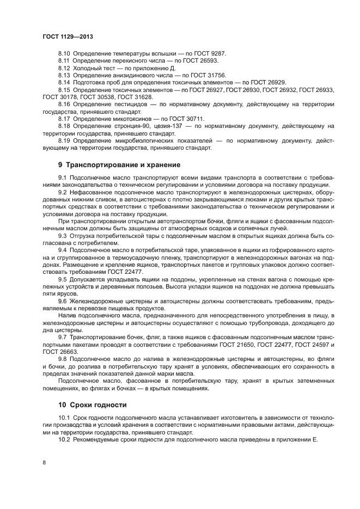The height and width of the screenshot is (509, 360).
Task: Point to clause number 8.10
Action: tap(64, 54)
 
